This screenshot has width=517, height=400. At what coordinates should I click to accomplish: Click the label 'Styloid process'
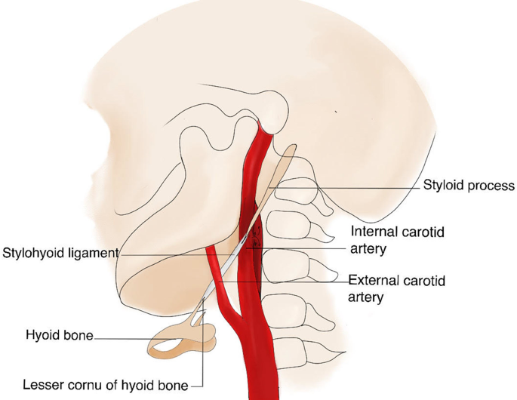[468, 186]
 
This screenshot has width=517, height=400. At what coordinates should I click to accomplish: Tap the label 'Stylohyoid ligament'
[60, 253]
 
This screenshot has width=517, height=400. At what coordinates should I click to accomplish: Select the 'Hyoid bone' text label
[59, 335]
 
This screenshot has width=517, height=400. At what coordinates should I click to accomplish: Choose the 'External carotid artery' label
[396, 288]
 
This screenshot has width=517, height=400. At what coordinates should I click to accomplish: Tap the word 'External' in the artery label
[374, 281]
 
